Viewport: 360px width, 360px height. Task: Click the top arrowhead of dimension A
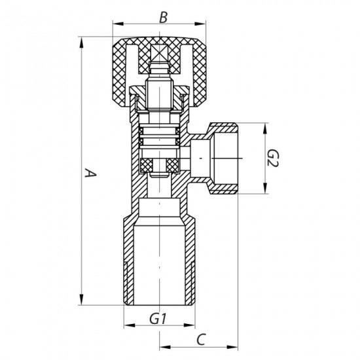(x=81, y=41)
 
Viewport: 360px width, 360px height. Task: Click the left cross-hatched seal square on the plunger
(x=147, y=162)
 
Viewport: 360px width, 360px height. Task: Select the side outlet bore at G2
(x=223, y=158)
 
